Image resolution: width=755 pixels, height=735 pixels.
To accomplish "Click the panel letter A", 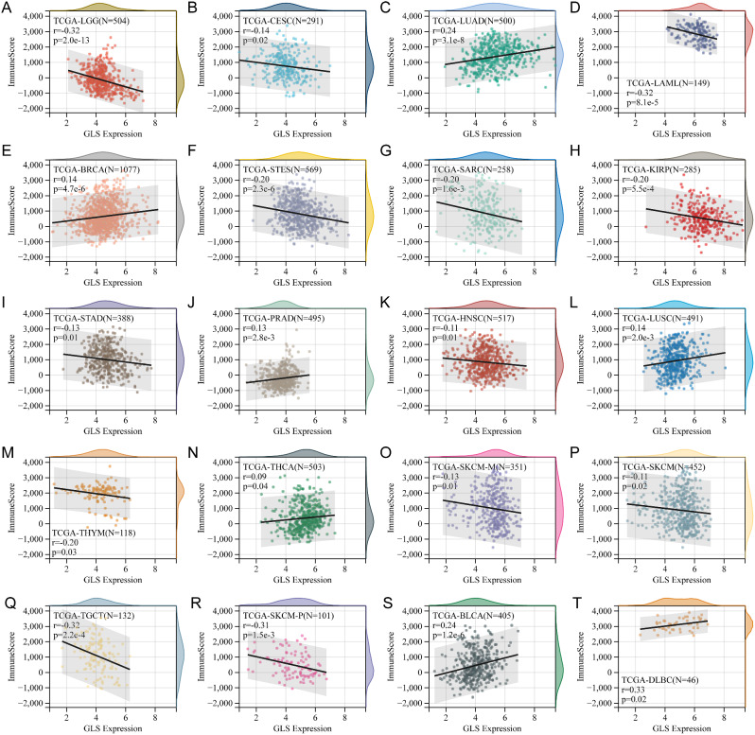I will pos(9,8).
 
